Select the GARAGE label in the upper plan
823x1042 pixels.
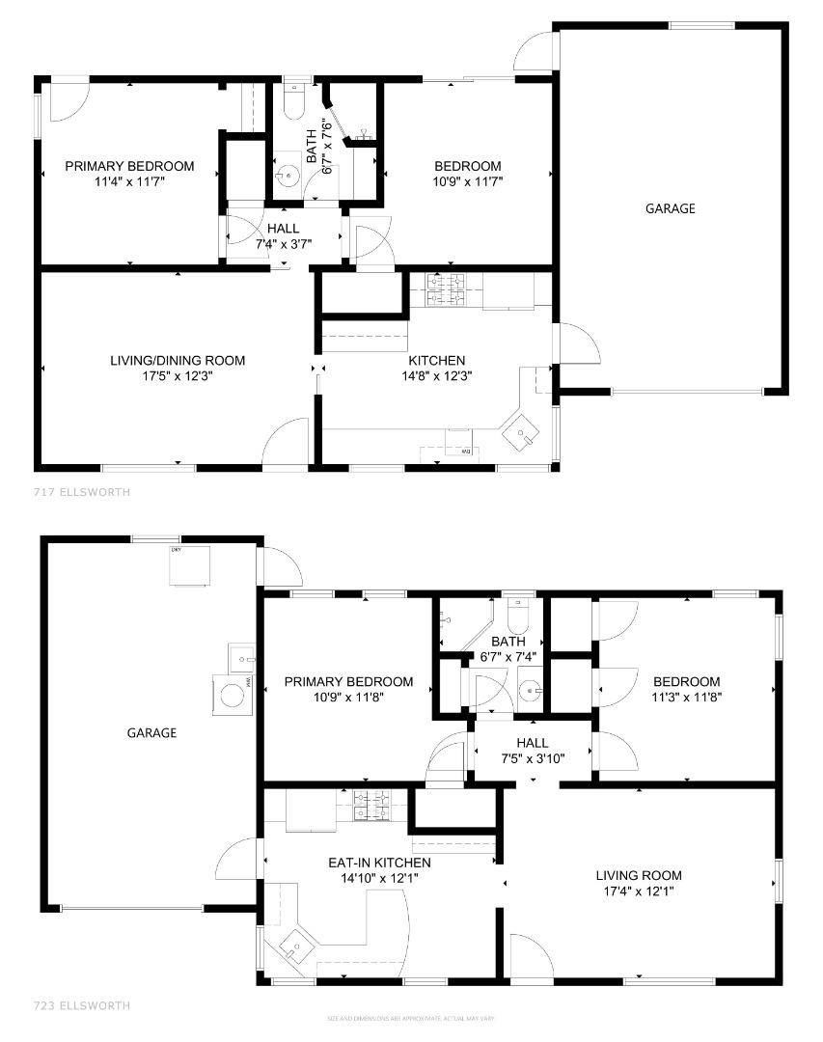(670, 208)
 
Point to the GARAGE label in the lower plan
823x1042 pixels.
(151, 732)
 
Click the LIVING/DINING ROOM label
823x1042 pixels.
(178, 361)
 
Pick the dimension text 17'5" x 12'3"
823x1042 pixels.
(178, 376)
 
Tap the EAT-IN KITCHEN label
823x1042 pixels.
(379, 863)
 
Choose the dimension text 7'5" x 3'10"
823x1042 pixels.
(532, 758)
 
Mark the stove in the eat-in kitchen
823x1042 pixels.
(370, 805)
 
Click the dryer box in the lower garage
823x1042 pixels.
(189, 565)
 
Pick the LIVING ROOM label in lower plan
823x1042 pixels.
(639, 876)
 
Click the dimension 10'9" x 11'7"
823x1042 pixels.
(468, 180)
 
